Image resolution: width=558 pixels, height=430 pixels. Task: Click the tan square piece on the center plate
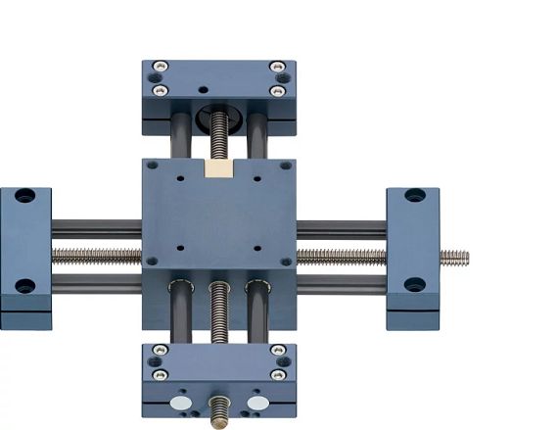[x=219, y=168]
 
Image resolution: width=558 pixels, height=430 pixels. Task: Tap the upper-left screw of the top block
[x=161, y=67]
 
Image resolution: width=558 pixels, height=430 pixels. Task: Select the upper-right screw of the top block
[x=277, y=67]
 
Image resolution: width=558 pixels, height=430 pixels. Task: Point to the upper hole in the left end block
[x=24, y=196]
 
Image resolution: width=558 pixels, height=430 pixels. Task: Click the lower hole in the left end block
[x=24, y=286]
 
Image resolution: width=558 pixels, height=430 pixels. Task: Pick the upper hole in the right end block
[x=415, y=195]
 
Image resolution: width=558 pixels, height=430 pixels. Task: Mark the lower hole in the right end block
[x=415, y=285]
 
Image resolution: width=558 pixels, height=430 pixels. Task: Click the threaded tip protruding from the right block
[x=453, y=258]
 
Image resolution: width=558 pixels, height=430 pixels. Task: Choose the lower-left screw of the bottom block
[x=161, y=374]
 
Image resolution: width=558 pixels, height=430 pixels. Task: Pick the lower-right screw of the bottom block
[x=278, y=374]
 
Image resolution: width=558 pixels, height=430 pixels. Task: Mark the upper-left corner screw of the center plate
[x=152, y=166]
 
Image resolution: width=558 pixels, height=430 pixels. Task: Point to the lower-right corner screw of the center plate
[x=286, y=262]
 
